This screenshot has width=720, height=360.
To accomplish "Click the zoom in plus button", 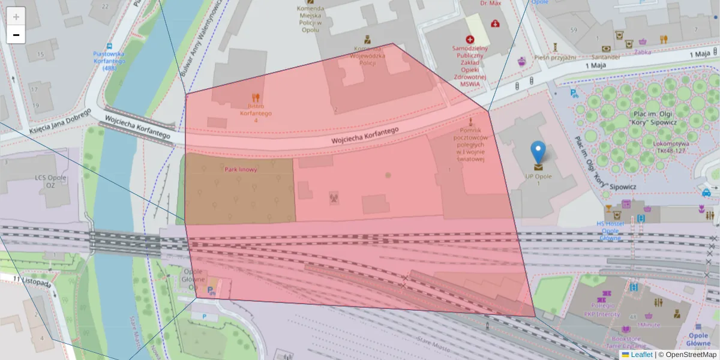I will tap(16, 16).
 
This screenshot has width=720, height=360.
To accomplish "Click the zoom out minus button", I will tap(16, 35).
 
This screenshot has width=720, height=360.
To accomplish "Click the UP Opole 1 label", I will tap(538, 180).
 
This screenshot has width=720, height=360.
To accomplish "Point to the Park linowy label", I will tap(241, 170).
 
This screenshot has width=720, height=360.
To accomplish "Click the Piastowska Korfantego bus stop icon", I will tap(109, 46).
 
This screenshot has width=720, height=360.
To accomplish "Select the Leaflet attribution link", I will tap(641, 355).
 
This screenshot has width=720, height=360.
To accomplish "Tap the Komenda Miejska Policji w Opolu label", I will tap(311, 19).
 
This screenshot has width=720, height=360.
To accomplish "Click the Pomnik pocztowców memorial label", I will tap(470, 145).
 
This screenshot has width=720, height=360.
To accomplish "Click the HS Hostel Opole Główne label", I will tap(610, 230).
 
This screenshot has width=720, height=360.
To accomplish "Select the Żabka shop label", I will tap(643, 52).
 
